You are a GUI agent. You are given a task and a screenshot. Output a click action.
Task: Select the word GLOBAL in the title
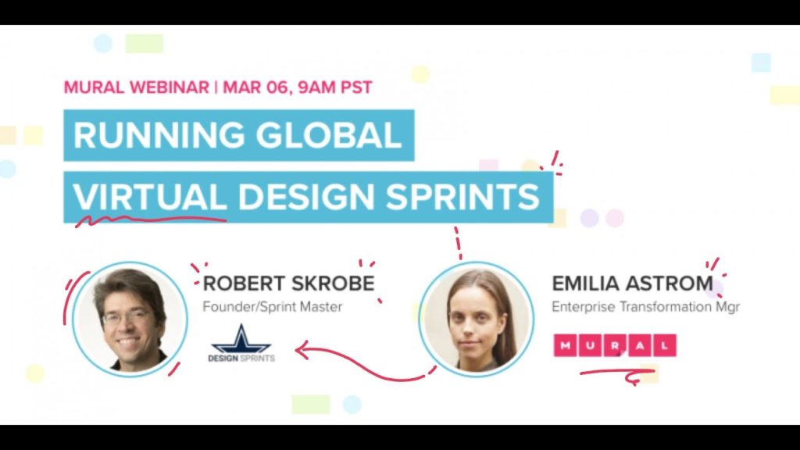[329, 135]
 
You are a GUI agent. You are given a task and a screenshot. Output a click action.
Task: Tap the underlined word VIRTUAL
[150, 196]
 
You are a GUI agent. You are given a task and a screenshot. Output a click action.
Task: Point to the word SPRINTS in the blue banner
[462, 196]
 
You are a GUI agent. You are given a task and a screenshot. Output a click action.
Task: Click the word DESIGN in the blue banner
[306, 196]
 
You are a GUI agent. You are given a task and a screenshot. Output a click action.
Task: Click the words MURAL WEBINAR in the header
[136, 87]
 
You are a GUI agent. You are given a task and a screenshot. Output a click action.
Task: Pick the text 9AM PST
[334, 87]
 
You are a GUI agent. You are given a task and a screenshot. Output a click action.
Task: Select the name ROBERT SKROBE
[289, 284]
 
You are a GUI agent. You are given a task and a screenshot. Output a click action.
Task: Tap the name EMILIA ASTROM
[633, 284]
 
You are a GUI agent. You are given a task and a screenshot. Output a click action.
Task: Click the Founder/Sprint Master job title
[273, 306]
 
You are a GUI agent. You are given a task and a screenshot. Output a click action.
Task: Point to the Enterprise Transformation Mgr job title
[645, 306]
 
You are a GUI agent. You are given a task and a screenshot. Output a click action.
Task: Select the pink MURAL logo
[615, 345]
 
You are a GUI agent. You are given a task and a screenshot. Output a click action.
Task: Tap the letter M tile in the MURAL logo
[566, 345]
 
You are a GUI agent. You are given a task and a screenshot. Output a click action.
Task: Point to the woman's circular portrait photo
[477, 320]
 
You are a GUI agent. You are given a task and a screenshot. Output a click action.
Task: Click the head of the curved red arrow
[302, 350]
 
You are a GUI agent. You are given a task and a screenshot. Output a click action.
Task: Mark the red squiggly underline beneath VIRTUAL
[151, 220]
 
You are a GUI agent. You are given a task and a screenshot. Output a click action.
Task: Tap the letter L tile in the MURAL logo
[664, 345]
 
